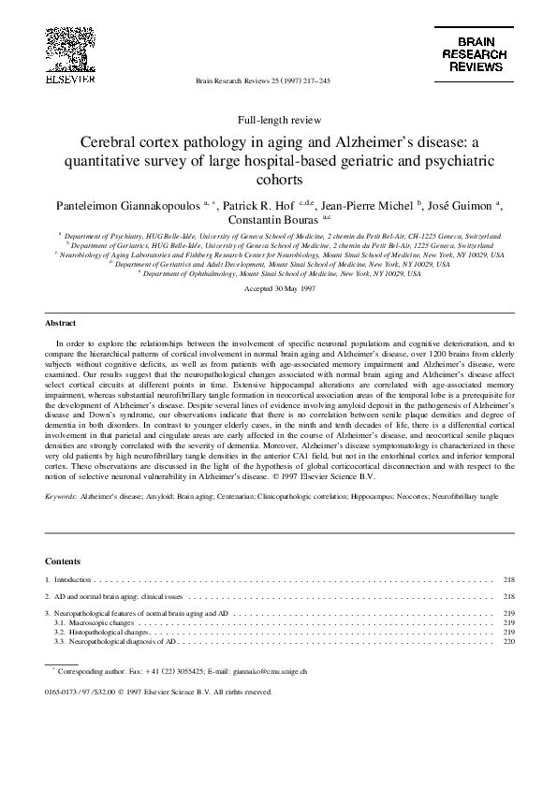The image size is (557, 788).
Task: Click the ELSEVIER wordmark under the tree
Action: [69, 80]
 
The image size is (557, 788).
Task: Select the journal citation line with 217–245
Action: [262, 81]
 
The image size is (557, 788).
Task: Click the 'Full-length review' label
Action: [279, 121]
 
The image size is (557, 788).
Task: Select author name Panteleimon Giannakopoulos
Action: [114, 204]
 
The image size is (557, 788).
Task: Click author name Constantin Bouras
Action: [258, 220]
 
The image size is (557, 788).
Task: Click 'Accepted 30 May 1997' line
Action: [278, 289]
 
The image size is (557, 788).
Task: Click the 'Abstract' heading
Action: [61, 323]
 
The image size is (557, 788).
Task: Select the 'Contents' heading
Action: [63, 561]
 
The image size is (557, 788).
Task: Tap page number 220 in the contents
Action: [509, 642]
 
